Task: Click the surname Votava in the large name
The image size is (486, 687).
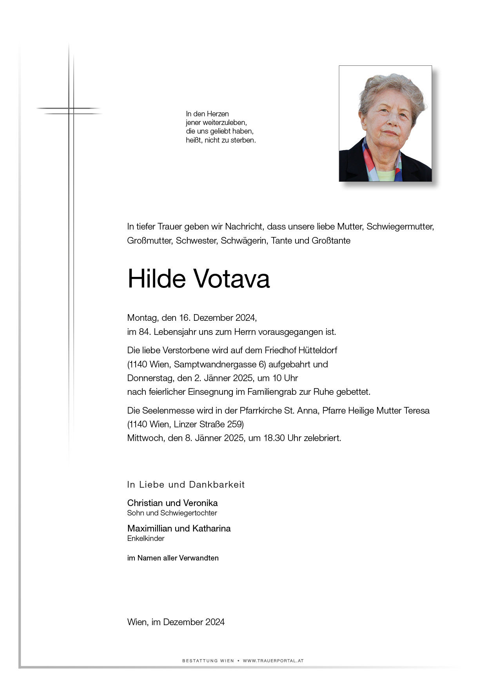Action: coord(232,279)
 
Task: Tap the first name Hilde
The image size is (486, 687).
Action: coord(156,279)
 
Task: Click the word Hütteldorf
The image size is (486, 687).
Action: coord(318,350)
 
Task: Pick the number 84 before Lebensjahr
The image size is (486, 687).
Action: coord(144,332)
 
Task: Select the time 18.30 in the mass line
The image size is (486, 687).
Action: coord(274,438)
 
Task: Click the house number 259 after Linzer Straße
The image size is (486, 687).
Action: coord(235,424)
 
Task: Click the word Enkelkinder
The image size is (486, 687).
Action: coord(146,539)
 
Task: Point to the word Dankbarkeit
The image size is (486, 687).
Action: coord(217,485)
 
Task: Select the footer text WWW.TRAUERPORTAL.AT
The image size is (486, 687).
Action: coord(273,661)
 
